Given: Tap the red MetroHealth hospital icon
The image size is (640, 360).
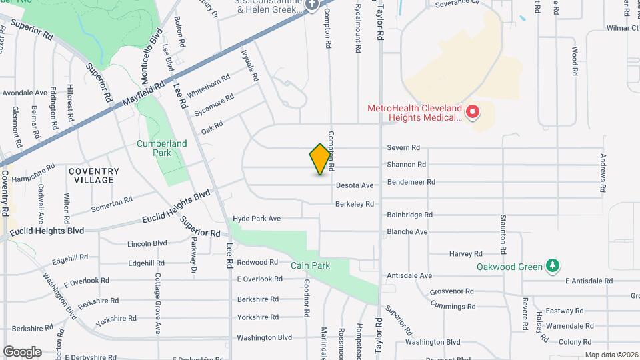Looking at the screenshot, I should (473, 112).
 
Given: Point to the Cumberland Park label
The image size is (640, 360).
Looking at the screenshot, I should (161, 147).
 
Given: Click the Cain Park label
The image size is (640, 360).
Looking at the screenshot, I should (310, 265).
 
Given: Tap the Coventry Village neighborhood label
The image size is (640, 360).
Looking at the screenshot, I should (94, 176).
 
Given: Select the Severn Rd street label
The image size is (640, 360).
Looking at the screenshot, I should (403, 148).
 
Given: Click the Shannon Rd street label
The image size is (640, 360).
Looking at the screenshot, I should (406, 165).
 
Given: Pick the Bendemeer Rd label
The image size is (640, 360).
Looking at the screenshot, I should (411, 181).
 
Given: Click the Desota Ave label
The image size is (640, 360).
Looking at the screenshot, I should (355, 185).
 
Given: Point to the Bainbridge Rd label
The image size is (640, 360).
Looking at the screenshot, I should (409, 215).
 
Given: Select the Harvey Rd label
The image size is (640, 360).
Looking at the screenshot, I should (465, 254).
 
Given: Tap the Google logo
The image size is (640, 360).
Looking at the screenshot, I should (22, 352).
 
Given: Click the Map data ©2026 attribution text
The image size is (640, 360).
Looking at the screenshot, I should (611, 355).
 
